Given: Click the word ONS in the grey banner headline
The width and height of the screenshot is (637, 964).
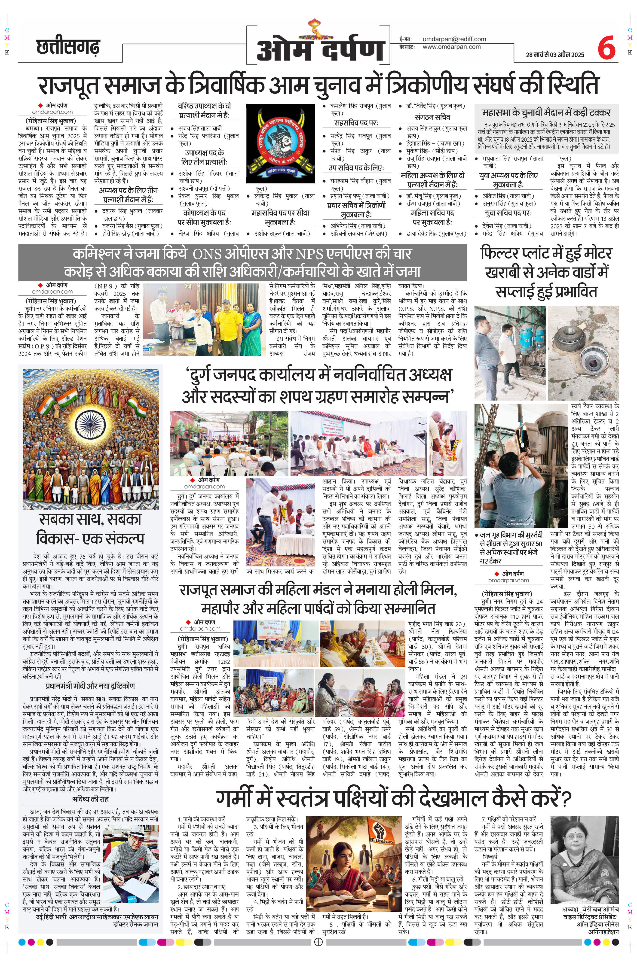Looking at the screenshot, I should pos(207,254).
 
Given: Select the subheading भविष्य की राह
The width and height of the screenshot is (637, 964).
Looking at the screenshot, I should pos(90,799).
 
